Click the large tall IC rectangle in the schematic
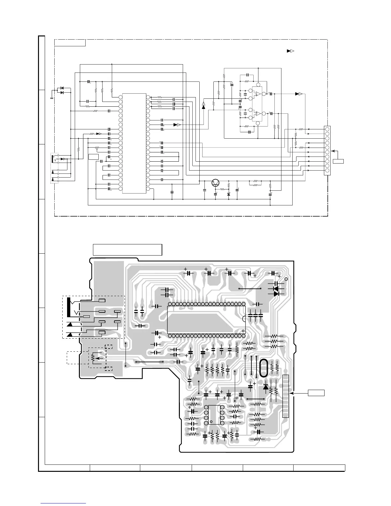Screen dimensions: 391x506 tap(134, 143)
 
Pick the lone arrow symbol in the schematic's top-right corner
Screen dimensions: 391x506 tap(290, 51)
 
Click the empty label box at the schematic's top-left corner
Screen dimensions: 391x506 tap(70, 42)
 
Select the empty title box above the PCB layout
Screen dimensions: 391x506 tap(127, 249)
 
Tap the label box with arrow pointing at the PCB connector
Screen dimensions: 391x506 tap(316, 393)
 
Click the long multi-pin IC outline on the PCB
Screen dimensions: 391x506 tap(206, 319)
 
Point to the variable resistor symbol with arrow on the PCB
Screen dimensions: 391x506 tap(94, 358)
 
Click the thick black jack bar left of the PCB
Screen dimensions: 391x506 tap(68, 307)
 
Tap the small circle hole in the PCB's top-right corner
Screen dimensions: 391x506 tap(286, 279)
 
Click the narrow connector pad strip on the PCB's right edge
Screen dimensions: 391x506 tap(286, 396)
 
